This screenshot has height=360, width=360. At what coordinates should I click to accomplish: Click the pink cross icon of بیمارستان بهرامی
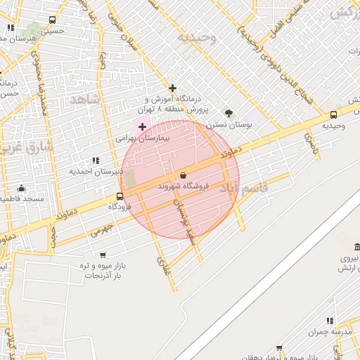pos(143,127)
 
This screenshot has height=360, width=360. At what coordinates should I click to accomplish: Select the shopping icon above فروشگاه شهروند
pos(184,174)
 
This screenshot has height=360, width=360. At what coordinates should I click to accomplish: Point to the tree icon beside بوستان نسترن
pos(228,112)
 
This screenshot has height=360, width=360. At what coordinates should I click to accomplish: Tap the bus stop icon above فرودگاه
pos(120,197)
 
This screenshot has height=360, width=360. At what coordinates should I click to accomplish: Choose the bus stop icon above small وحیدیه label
pos(333,115)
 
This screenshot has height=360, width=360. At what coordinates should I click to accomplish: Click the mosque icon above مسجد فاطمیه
pos(22,188)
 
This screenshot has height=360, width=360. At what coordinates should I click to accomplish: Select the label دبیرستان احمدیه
pos(92,171)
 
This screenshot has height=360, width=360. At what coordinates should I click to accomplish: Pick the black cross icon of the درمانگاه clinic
pos(172,88)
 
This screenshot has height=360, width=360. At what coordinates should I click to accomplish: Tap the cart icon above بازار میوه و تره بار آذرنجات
pos(103,255)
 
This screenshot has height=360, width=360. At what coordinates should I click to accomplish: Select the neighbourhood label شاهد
pos(86,101)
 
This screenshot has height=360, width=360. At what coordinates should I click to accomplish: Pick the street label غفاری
pos(162,266)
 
